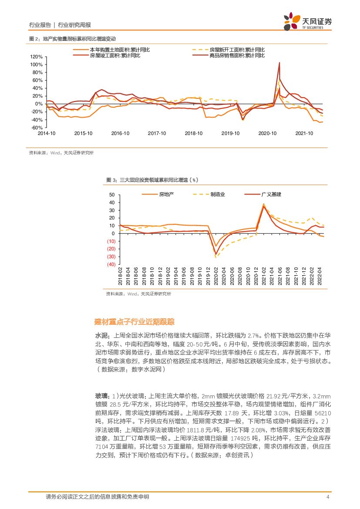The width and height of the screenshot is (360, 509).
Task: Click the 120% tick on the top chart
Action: click(37, 57)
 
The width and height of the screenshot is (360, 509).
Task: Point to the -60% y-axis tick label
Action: click(37, 128)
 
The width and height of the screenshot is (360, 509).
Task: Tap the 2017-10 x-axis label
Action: click(157, 133)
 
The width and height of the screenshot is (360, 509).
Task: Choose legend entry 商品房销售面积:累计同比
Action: click(237, 56)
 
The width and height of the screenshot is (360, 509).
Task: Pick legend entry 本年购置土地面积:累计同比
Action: click(120, 50)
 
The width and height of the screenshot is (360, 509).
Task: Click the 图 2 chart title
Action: click(72, 39)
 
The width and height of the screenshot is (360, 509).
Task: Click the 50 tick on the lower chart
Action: click(112, 195)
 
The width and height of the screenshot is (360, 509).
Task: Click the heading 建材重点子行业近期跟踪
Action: click(135, 322)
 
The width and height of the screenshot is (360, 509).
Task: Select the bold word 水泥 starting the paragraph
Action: click(101, 336)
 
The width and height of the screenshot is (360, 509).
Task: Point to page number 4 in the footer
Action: click(327, 497)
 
